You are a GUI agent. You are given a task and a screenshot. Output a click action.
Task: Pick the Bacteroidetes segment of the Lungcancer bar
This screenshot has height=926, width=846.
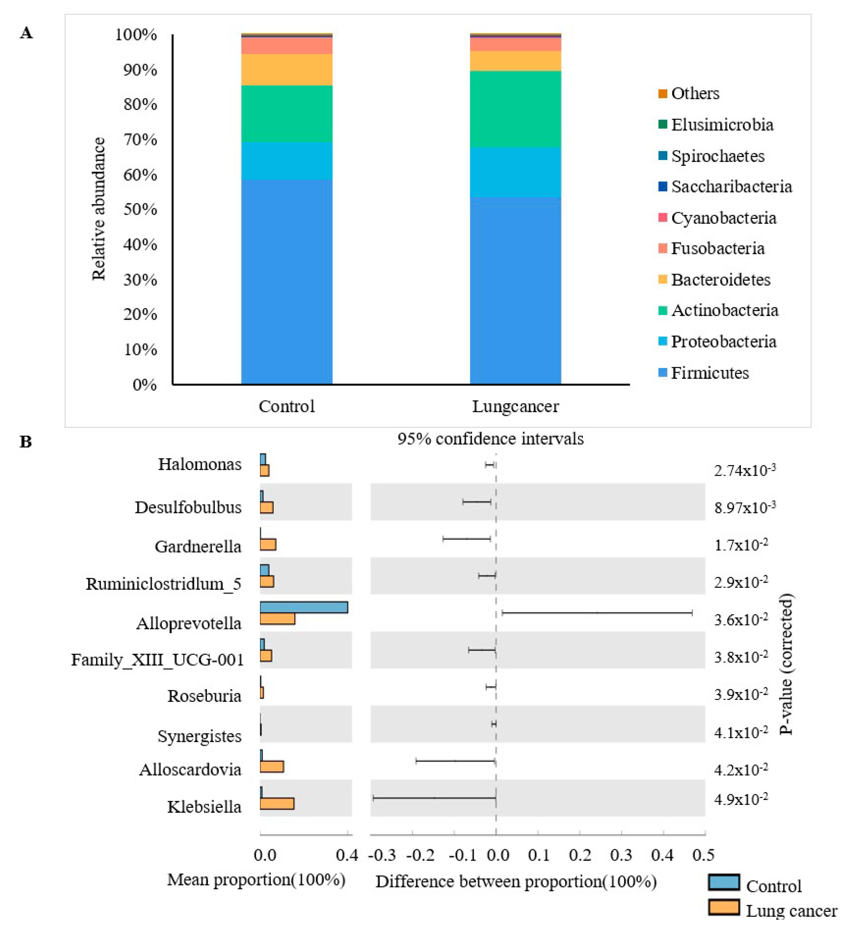pos(515,61)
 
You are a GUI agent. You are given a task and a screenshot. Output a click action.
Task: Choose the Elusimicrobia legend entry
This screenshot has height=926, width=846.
pos(722,124)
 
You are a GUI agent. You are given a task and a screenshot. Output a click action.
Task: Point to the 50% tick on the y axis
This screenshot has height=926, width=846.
pos(140,209)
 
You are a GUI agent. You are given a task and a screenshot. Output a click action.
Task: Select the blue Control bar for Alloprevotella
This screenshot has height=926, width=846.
pos(304,607)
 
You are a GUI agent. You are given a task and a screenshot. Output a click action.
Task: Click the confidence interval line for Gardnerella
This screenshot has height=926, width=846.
pos(467,538)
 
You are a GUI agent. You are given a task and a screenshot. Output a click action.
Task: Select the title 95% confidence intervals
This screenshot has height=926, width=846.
pos(490,439)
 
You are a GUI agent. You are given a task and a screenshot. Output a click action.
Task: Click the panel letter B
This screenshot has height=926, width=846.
pos(26,442)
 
